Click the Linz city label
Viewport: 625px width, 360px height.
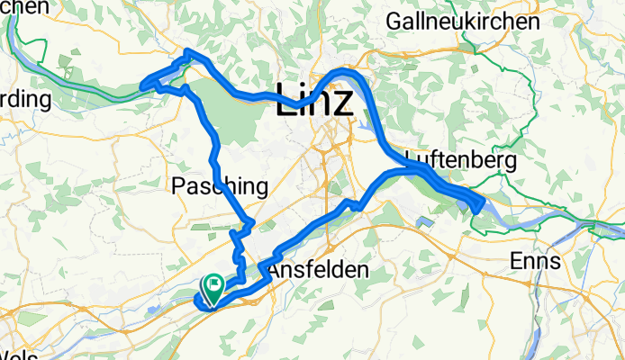point(314,100)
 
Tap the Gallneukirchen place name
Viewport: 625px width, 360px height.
point(462,20)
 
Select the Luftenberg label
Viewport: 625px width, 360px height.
point(460,161)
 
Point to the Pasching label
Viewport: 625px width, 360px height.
point(220,187)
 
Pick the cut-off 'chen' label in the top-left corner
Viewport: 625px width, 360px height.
point(24,6)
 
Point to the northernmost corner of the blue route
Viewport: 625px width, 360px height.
point(187,52)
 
